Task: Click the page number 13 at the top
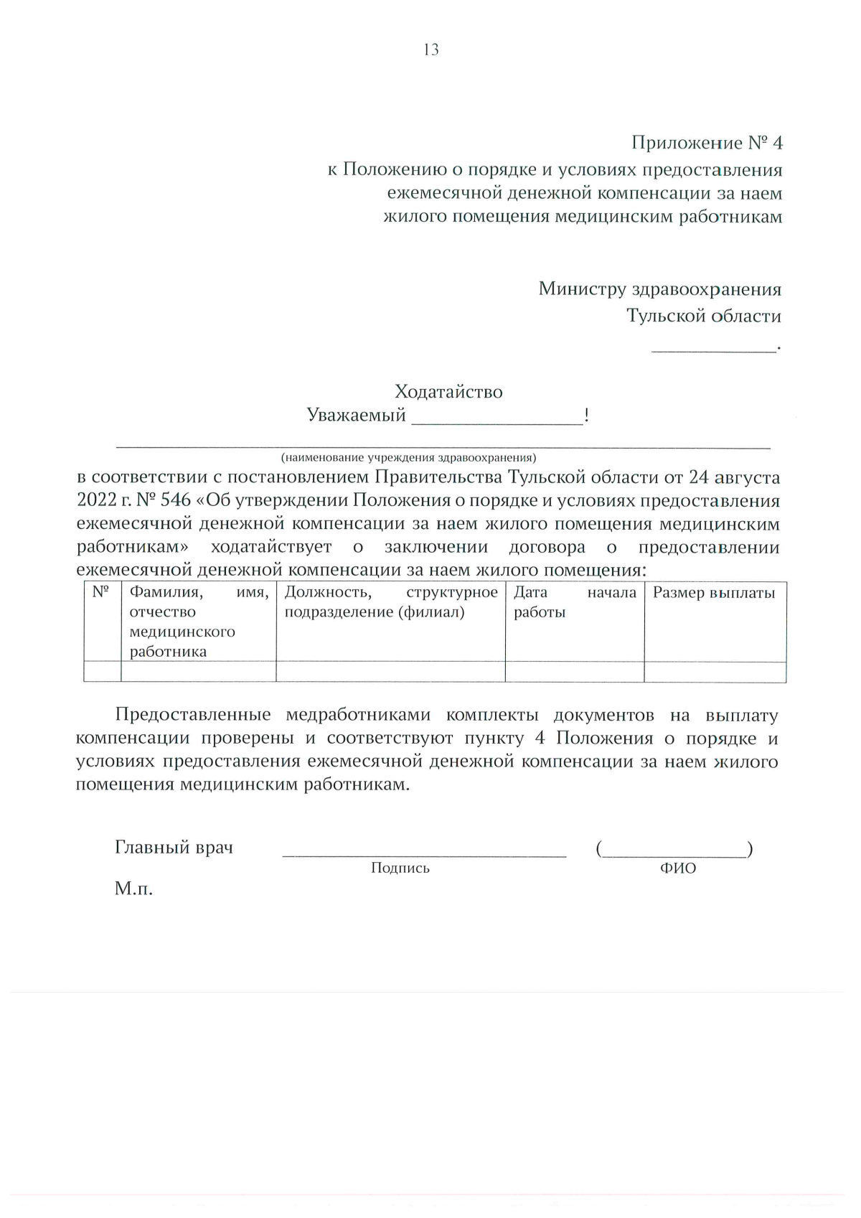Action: pyautogui.click(x=431, y=50)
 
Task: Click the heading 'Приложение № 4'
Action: pyautogui.click(x=707, y=143)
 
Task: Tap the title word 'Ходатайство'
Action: pyautogui.click(x=448, y=392)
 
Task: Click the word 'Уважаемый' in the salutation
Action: pyautogui.click(x=356, y=416)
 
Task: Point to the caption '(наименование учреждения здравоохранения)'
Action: pyautogui.click(x=408, y=457)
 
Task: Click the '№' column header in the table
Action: pyautogui.click(x=101, y=593)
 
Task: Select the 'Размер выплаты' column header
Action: pyautogui.click(x=714, y=593)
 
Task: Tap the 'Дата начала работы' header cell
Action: pyautogui.click(x=574, y=602)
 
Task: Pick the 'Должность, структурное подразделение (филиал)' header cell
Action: pyautogui.click(x=390, y=602)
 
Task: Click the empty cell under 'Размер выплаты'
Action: pyautogui.click(x=715, y=672)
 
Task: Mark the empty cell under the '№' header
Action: pyautogui.click(x=102, y=672)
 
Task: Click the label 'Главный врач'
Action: pyautogui.click(x=174, y=848)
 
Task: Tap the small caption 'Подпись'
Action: pyautogui.click(x=400, y=868)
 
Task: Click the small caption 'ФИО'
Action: pyautogui.click(x=677, y=868)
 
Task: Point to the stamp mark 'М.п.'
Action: pyautogui.click(x=133, y=889)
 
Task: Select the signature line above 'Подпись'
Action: pyautogui.click(x=424, y=854)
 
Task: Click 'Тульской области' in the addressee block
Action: pyautogui.click(x=704, y=316)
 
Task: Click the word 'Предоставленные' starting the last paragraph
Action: pyautogui.click(x=192, y=715)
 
